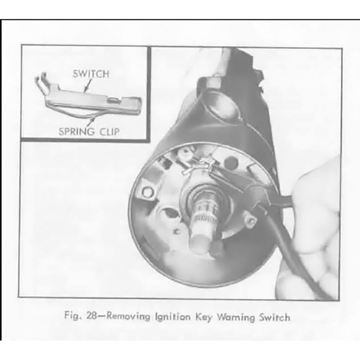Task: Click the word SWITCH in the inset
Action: pyautogui.click(x=91, y=74)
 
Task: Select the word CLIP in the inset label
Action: pyautogui.click(x=110, y=132)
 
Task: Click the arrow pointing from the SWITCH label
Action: pyautogui.click(x=87, y=86)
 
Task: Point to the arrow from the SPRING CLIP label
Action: pyautogui.click(x=91, y=121)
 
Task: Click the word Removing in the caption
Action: pyautogui.click(x=129, y=316)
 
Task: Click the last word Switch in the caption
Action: pyautogui.click(x=275, y=317)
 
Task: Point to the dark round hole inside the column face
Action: pyautogui.click(x=231, y=163)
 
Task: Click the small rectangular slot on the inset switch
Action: pyautogui.click(x=114, y=100)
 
